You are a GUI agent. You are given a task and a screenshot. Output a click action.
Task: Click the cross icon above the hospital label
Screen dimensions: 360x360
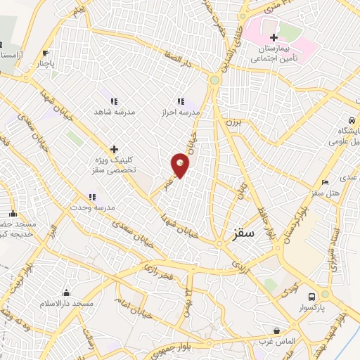(x=274, y=37)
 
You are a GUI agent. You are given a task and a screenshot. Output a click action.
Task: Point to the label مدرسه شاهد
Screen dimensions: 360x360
(x=115, y=112)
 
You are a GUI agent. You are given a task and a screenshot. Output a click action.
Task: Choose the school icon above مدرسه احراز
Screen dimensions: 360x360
(x=181, y=101)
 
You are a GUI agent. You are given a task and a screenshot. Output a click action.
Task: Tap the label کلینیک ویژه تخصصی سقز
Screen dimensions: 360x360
(x=114, y=166)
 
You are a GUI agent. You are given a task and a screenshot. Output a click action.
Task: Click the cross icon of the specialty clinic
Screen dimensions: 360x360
(x=114, y=150)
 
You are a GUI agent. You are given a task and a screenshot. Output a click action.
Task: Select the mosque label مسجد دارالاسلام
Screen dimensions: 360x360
(x=67, y=303)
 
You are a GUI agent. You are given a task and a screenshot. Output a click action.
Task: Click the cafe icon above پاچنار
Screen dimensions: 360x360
(x=46, y=53)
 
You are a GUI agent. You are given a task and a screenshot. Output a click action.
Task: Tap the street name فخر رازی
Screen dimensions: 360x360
(x=160, y=267)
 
